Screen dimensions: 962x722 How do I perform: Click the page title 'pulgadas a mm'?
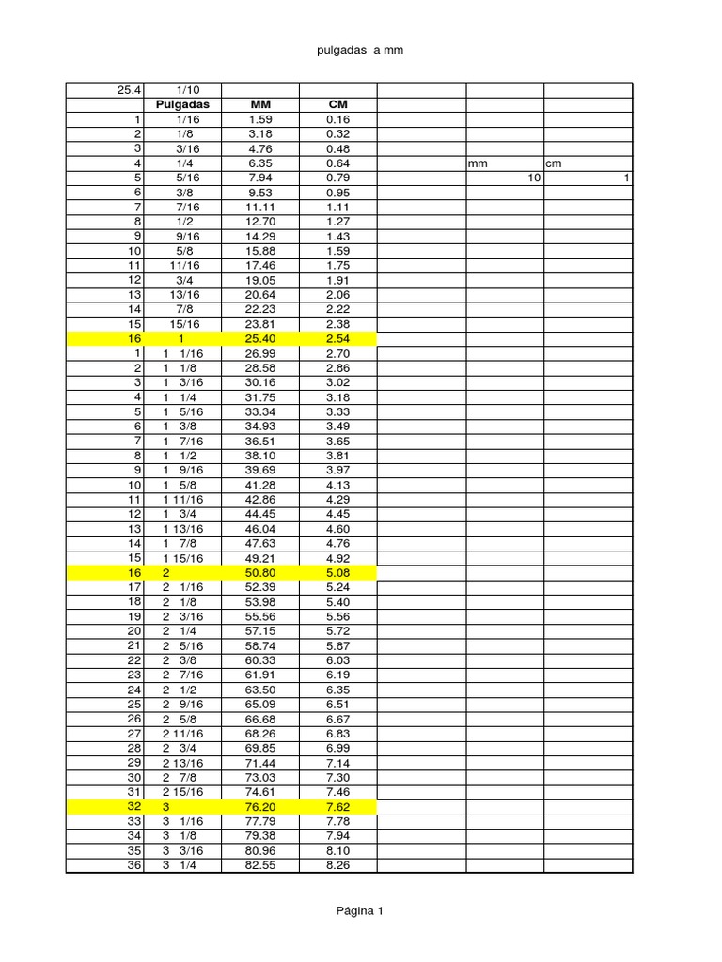coord(361,50)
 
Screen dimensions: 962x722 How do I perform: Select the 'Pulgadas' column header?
coord(182,104)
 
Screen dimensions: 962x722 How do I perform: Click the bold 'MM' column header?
coord(259,104)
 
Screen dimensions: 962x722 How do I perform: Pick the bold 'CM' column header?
coord(337,104)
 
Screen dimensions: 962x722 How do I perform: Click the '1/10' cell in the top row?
coord(182,90)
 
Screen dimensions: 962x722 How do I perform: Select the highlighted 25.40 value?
coord(259,338)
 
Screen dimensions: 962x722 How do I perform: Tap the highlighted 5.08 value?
coord(337,572)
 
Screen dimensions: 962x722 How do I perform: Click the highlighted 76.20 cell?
coord(259,807)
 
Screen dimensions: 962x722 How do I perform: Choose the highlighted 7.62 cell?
coord(337,807)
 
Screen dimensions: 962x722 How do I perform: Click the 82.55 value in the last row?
coord(259,865)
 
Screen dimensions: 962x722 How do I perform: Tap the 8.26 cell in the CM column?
coord(337,865)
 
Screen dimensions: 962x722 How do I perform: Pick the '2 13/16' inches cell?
coord(182,763)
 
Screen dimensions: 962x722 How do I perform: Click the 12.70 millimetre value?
coord(259,222)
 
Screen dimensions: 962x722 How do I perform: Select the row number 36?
coord(133,865)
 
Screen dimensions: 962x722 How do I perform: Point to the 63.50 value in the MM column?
coord(259,690)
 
